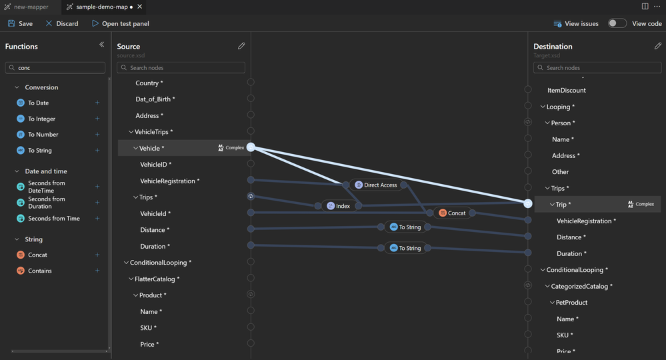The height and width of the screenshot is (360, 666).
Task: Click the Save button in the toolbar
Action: (20, 24)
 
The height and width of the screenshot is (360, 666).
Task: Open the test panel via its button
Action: (121, 24)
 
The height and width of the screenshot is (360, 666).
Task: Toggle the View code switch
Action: (617, 23)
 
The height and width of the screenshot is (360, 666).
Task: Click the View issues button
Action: (576, 24)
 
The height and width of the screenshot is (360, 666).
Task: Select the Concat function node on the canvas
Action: (453, 213)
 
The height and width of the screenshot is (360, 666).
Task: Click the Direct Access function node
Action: (376, 185)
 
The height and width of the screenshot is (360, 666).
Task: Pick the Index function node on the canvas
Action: (339, 206)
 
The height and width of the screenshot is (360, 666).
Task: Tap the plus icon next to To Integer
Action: (97, 119)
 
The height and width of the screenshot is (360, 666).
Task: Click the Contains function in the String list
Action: (39, 271)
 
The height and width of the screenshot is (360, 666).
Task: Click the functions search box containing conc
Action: (55, 67)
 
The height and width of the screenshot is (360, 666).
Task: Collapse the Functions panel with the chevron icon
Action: (101, 44)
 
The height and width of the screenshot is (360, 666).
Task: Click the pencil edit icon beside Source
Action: (241, 46)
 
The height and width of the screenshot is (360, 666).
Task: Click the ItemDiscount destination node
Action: (566, 91)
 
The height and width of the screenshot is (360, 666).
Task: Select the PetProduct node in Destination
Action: (571, 303)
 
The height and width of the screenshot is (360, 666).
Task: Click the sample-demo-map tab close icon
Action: (139, 7)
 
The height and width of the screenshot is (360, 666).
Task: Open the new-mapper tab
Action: (27, 7)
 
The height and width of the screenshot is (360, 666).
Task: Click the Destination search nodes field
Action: (597, 67)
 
